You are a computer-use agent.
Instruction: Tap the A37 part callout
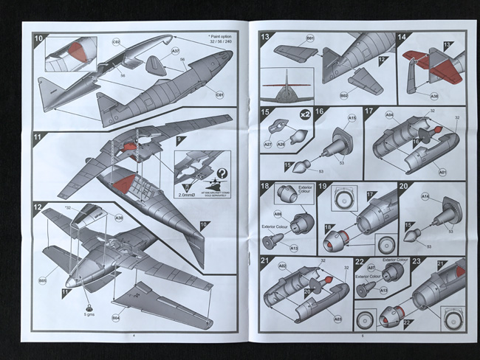coord(176,52)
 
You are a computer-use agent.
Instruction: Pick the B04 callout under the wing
coord(116,318)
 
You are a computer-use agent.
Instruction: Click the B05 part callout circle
coord(42,280)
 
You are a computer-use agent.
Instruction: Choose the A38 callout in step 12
coord(119,218)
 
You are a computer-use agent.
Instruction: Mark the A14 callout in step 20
coord(426,196)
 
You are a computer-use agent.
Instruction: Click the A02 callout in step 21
coord(283,266)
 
